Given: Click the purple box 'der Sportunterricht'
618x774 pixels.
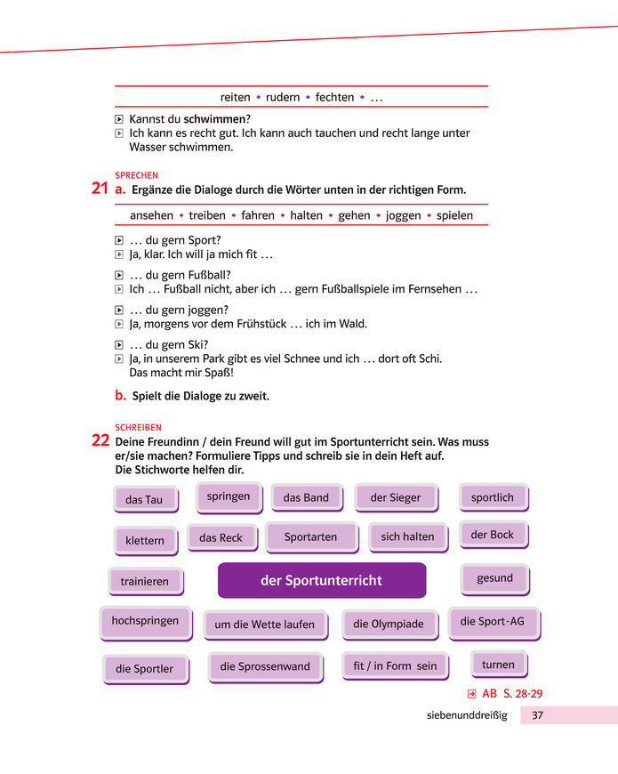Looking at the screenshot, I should tap(321, 581).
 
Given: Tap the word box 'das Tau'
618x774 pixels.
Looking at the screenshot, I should tap(144, 499).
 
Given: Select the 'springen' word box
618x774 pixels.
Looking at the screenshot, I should tap(229, 496).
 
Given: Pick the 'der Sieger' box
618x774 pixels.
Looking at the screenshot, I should tap(395, 497).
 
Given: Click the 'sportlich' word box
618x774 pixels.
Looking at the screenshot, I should tap(493, 497).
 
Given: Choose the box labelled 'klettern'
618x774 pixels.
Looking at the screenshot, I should tap(145, 540).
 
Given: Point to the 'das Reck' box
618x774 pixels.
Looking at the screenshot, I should tap(221, 537).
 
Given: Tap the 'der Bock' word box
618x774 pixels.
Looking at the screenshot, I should tap(493, 535).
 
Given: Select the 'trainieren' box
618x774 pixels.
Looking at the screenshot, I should tap(145, 582).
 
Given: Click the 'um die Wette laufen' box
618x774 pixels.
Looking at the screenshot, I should tap(264, 625).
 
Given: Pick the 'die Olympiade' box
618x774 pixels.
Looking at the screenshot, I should tap(389, 624).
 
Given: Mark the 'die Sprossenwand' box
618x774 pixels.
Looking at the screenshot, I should tap(265, 666).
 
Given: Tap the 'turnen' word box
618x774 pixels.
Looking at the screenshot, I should tap(498, 665).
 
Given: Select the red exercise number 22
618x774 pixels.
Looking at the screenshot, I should tap(100, 440).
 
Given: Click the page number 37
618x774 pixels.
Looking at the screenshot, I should tap(537, 715).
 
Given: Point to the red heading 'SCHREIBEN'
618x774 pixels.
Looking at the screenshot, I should tap(139, 427).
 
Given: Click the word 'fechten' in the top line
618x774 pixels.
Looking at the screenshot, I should tap(334, 97).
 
